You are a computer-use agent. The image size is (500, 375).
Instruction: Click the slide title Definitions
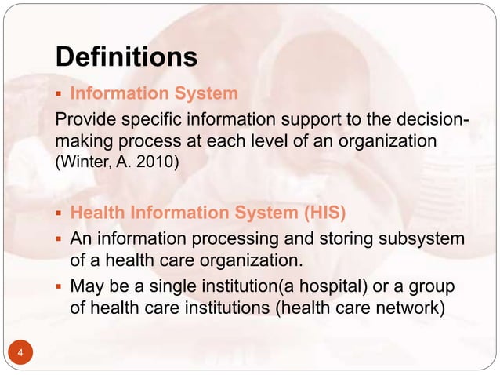(125, 57)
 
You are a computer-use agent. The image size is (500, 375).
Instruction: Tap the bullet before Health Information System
(60, 215)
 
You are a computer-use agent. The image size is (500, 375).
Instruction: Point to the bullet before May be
(60, 286)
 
